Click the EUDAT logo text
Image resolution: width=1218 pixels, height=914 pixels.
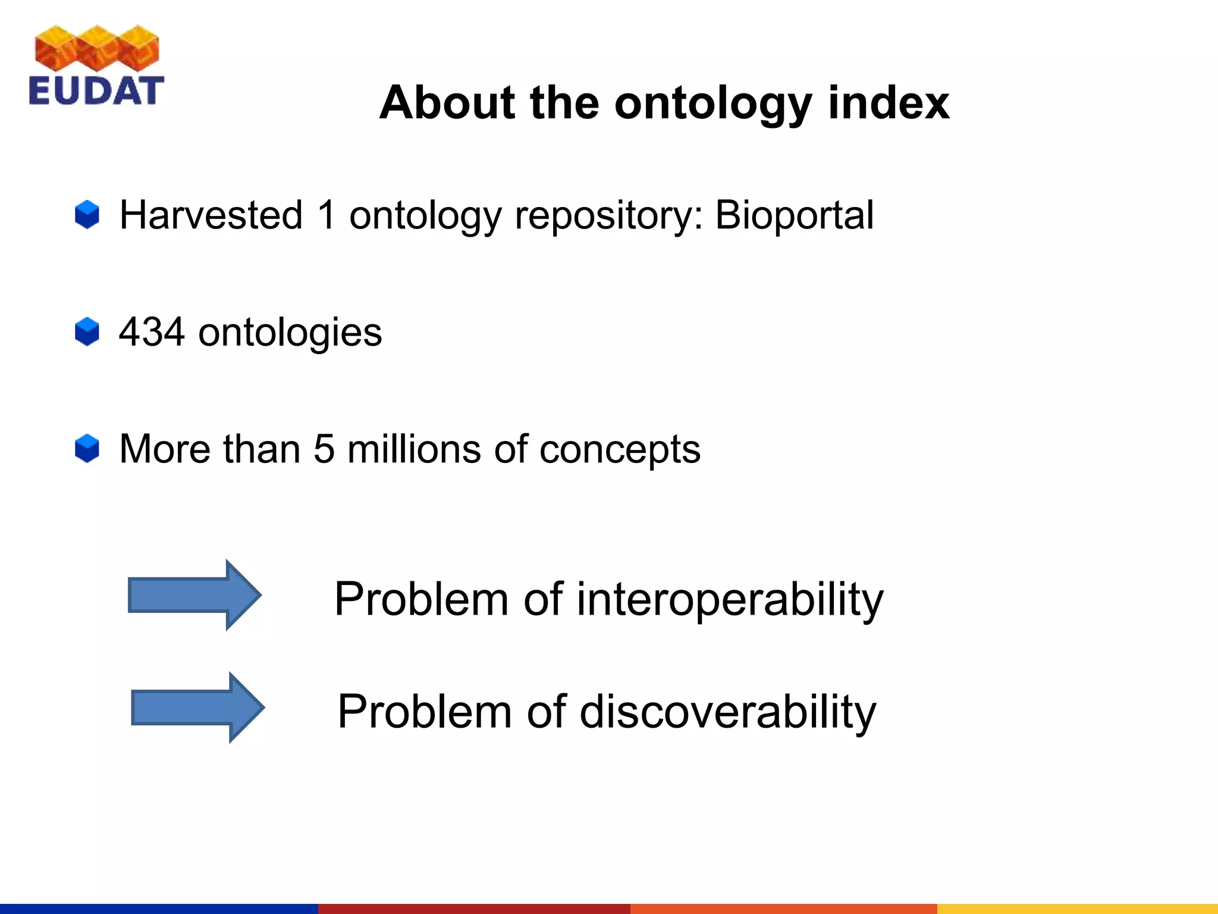96,90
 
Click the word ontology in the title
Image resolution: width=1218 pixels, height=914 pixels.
712,104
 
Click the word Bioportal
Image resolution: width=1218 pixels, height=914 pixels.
794,215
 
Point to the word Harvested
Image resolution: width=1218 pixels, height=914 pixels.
211,215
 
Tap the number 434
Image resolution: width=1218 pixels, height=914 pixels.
152,332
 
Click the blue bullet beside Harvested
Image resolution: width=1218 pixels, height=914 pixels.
87,215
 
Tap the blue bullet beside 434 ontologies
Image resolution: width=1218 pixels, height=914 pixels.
87,331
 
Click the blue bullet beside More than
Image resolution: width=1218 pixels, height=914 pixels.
87,448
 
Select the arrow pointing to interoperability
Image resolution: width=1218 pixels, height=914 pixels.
194,594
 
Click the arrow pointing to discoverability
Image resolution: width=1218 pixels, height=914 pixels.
197,708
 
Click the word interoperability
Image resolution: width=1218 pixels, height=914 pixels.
730,599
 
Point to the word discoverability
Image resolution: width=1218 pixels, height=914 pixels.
727,712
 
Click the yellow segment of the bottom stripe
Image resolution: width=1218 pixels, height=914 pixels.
1076,908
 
